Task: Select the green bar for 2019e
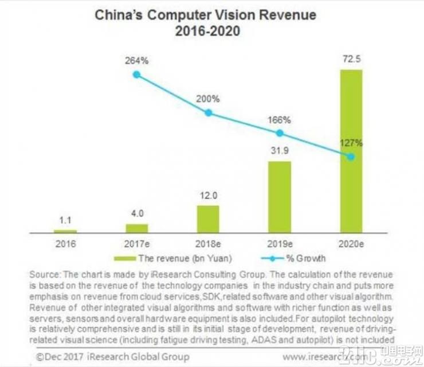pyautogui.click(x=280, y=196)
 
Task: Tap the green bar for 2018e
pyautogui.click(x=208, y=218)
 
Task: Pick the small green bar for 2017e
pyautogui.click(x=136, y=228)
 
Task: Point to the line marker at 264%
pyautogui.click(x=136, y=75)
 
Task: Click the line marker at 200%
pyautogui.click(x=208, y=113)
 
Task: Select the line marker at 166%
pyautogui.click(x=280, y=133)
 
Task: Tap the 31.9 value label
pyautogui.click(x=280, y=153)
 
